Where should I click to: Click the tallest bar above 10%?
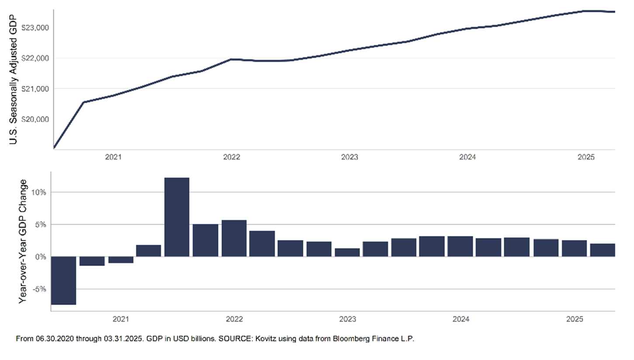click(x=177, y=217)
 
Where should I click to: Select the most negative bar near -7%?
click(x=63, y=280)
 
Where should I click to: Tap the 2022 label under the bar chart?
click(x=234, y=319)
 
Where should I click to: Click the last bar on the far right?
click(x=602, y=250)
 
